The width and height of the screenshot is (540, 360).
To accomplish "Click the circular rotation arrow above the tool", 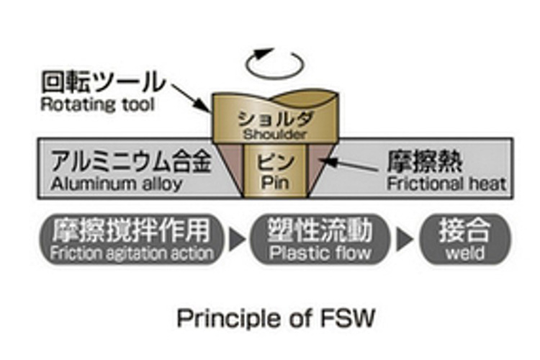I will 273,63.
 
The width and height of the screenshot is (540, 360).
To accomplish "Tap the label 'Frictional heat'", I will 446,183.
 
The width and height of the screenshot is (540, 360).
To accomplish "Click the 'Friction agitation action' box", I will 134,240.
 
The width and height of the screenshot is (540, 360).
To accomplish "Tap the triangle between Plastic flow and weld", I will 406,240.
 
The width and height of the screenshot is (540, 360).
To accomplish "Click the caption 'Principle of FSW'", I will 276,318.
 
